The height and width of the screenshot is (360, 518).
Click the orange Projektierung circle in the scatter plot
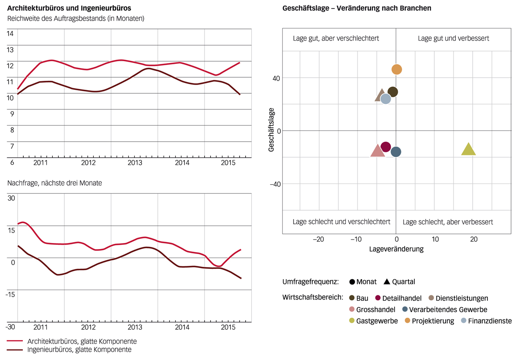coord(397,69)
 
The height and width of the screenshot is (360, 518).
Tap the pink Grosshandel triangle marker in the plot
coord(378,151)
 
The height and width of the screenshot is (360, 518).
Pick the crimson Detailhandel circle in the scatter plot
coord(386,147)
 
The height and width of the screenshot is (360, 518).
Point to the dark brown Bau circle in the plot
coord(393,92)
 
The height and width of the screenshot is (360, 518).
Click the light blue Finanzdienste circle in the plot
coord(385,99)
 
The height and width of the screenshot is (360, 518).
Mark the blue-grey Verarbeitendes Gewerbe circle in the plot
coord(396,152)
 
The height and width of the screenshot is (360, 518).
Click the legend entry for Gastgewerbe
coord(374,321)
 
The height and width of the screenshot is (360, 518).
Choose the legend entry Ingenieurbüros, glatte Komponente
coord(79,350)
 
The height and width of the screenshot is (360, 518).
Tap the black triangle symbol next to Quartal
coord(386,282)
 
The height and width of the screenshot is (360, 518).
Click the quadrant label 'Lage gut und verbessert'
coord(453,38)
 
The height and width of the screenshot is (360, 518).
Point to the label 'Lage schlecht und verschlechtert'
coord(341,222)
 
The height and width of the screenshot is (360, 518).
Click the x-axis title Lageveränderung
coord(396,249)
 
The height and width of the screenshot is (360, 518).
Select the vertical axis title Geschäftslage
coord(272,130)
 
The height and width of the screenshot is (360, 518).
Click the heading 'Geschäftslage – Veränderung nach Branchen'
coord(357,9)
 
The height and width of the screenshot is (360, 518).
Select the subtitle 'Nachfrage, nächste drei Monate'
coord(54,183)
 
